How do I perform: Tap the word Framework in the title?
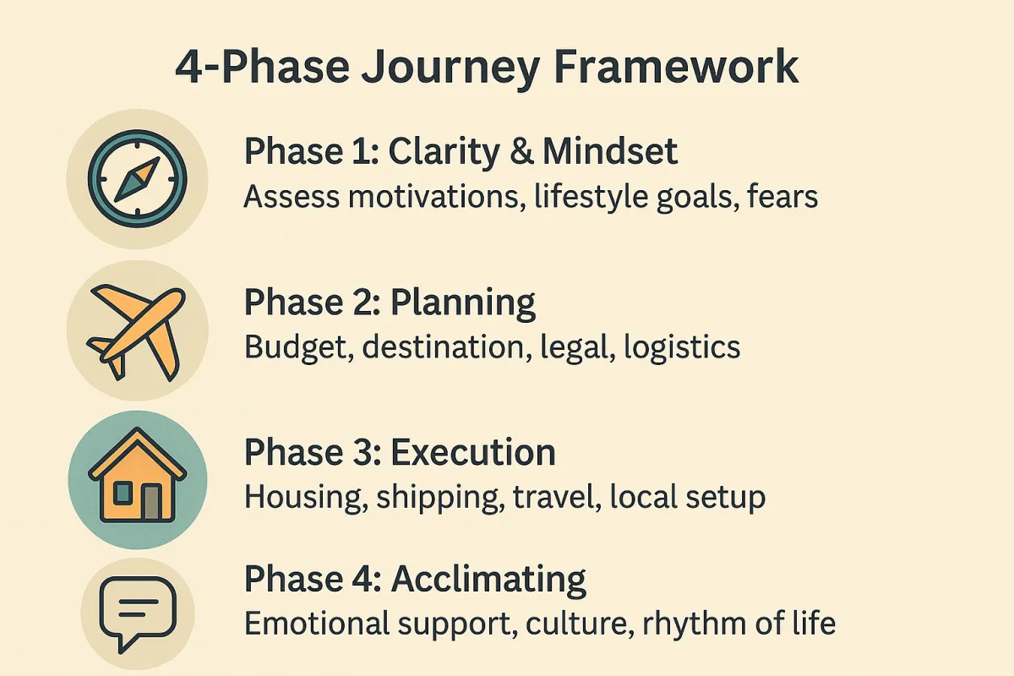click(x=676, y=67)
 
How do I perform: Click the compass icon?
click(x=137, y=179)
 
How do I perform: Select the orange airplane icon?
click(x=136, y=332)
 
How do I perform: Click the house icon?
click(x=138, y=476)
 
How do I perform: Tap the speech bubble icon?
click(x=138, y=614)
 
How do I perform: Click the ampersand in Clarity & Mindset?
click(x=521, y=152)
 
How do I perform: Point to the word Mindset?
click(x=610, y=151)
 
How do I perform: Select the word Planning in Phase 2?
click(x=463, y=303)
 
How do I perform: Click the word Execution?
click(x=473, y=452)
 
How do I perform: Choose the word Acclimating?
click(x=488, y=579)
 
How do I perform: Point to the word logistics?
click(x=682, y=348)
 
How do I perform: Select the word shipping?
click(x=440, y=498)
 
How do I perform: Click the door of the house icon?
click(x=151, y=503)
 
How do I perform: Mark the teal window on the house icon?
click(x=123, y=493)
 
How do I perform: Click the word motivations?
click(x=433, y=197)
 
